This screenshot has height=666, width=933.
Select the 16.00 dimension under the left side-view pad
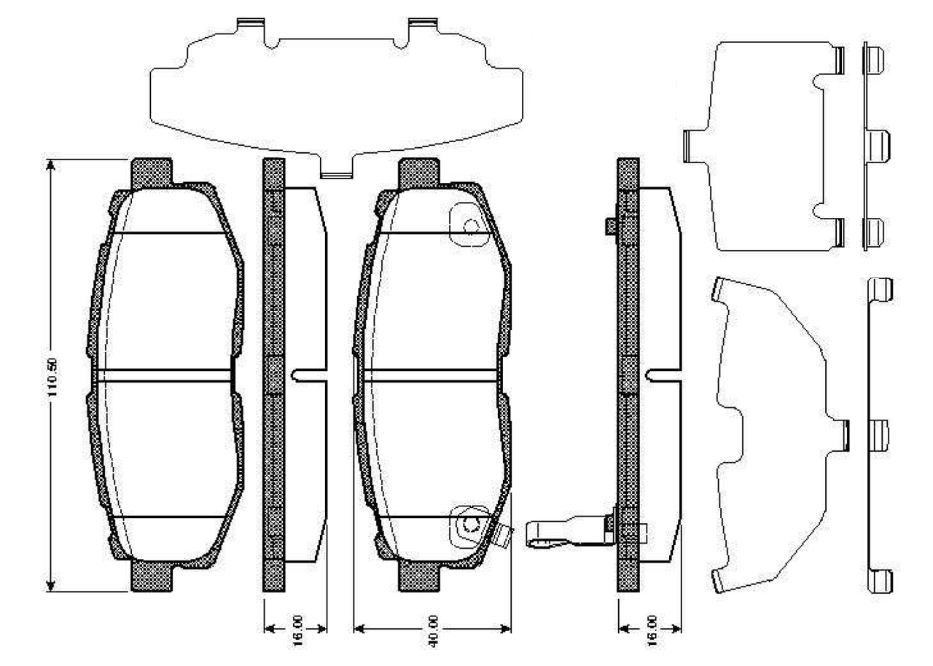[x=296, y=628]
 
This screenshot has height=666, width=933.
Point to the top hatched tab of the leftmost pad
[x=151, y=173]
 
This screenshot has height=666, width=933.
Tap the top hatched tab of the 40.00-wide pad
[x=419, y=173]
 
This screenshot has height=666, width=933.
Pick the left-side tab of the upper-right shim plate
[x=692, y=144]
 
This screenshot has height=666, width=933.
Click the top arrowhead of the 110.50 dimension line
[x=50, y=165]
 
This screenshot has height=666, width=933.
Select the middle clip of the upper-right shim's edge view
[x=877, y=144]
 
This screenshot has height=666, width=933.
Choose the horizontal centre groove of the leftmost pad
[x=164, y=375]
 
